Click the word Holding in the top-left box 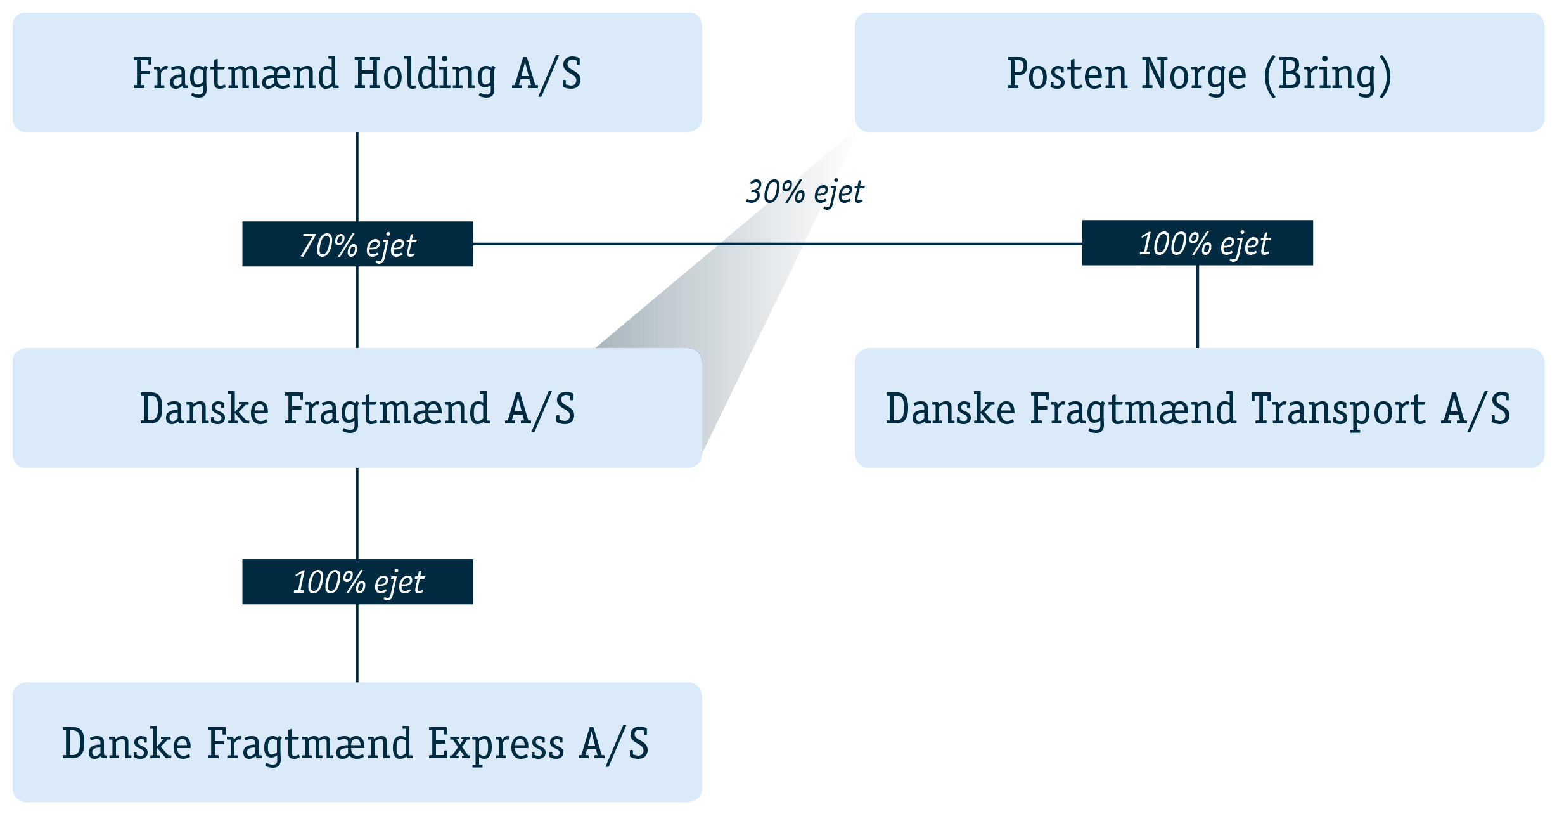(x=425, y=75)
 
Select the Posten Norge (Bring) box (x=1199, y=72)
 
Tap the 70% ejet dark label (x=357, y=244)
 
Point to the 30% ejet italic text (x=805, y=192)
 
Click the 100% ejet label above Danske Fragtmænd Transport (x=1198, y=243)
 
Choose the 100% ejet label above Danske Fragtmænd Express (x=357, y=582)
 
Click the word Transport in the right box (x=1338, y=411)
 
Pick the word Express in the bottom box (x=496, y=746)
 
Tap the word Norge (x=1195, y=75)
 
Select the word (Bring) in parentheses (x=1328, y=75)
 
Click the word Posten (x=1067, y=74)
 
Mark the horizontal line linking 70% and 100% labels (x=778, y=243)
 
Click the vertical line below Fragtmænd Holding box (x=357, y=177)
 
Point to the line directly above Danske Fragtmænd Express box (x=357, y=643)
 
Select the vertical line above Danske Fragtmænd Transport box (x=1198, y=307)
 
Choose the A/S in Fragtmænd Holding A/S (x=547, y=75)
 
